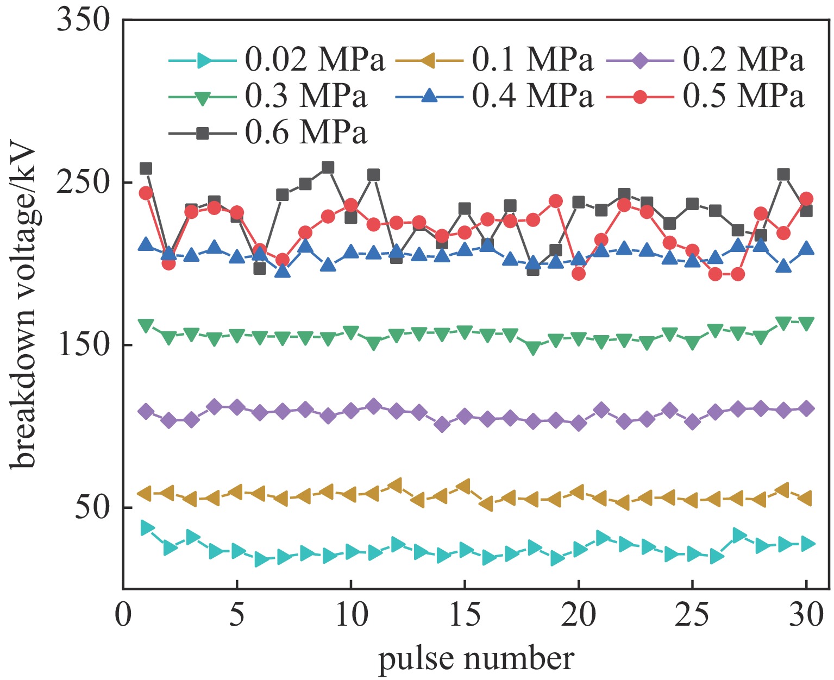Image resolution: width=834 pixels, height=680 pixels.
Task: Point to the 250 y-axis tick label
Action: coord(85,182)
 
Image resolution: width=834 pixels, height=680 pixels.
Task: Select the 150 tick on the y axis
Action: coord(85,345)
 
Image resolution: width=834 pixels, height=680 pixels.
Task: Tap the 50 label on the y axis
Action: coord(92,507)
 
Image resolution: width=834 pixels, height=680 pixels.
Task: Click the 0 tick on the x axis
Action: coord(123,616)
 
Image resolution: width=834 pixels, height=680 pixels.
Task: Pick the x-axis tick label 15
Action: coord(465,616)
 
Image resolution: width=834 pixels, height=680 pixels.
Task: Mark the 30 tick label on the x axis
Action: coord(806,616)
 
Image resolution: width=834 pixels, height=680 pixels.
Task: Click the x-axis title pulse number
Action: coord(475,659)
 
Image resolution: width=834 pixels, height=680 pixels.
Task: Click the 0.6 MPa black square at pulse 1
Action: coord(146,168)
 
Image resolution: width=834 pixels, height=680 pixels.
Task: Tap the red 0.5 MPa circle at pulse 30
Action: coord(806,199)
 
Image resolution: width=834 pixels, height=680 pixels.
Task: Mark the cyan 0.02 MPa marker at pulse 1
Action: coord(146,527)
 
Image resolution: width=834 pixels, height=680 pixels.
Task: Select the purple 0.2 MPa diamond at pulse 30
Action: coord(806,409)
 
